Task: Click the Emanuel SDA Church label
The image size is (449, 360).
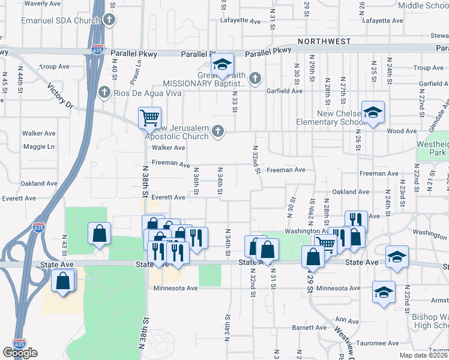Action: (x=60, y=20)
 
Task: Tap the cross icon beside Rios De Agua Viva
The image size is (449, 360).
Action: (x=104, y=92)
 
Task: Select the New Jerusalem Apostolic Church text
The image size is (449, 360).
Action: (x=180, y=131)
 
